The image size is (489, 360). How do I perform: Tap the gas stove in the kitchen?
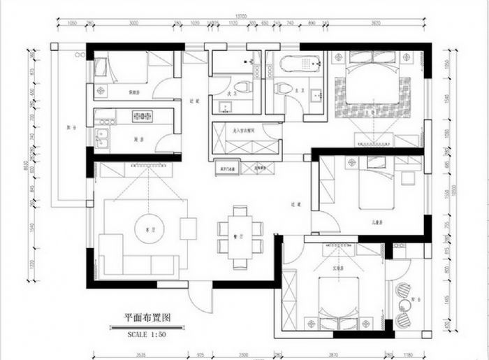tap(143, 117)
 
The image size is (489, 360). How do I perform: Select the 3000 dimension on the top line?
tap(133, 23)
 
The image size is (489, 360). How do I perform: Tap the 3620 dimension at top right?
tap(376, 23)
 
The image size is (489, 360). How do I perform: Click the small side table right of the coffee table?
tap(189, 229)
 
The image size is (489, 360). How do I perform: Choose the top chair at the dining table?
tap(240, 211)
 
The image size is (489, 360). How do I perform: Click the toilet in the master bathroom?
tap(284, 88)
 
